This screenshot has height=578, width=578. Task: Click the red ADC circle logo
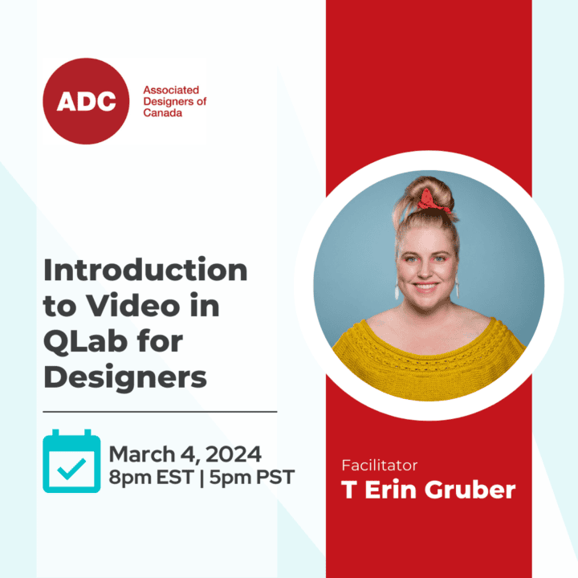[x=86, y=101]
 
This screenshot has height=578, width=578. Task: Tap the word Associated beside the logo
[x=171, y=90]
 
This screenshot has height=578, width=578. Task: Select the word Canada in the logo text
[x=162, y=113]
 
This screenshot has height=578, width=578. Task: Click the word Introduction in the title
[x=145, y=270]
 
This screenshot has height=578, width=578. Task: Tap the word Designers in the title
[x=125, y=377]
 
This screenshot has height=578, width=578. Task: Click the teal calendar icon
[x=71, y=461]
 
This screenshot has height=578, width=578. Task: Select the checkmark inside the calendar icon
[x=71, y=469]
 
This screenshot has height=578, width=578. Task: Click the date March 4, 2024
[x=185, y=454]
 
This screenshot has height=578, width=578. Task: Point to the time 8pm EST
[x=151, y=477]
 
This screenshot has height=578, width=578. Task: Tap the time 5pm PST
[x=252, y=477]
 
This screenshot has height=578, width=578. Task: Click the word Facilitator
[x=379, y=465]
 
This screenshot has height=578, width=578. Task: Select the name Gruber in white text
[x=470, y=490]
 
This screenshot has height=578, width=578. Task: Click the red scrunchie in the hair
[x=433, y=201]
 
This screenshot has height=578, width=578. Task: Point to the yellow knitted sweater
[x=429, y=359]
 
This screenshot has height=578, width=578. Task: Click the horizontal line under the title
[x=160, y=411]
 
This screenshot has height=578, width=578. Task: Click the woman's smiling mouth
[x=425, y=287]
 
